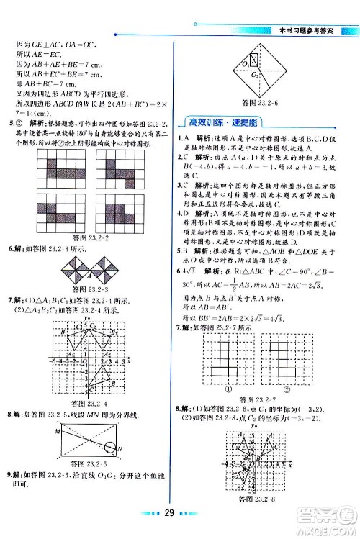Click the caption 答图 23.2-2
pyautogui.click(x=88, y=236)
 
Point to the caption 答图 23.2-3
pyautogui.click(x=88, y=288)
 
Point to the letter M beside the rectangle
pyautogui.click(x=35, y=431)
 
